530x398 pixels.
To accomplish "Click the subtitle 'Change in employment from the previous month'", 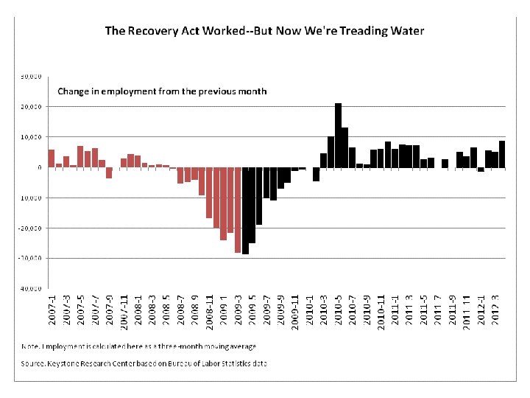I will coord(162,91).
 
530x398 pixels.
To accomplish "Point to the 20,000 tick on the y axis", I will coord(29,107).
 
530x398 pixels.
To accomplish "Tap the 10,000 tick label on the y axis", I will coord(29,137).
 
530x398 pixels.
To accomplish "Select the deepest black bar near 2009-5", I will coord(245,211).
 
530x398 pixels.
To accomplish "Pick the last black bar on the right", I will coord(502,154).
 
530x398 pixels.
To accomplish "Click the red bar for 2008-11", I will coord(210,192).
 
